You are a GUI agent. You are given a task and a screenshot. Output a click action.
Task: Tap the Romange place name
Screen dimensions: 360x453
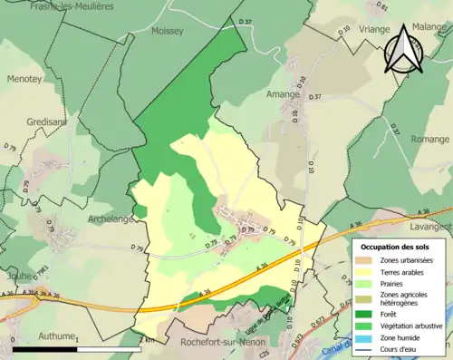428,140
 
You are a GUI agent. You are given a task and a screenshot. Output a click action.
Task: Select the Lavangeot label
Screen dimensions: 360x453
429,211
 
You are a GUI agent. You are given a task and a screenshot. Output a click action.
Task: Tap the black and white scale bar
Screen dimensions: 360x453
77,347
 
